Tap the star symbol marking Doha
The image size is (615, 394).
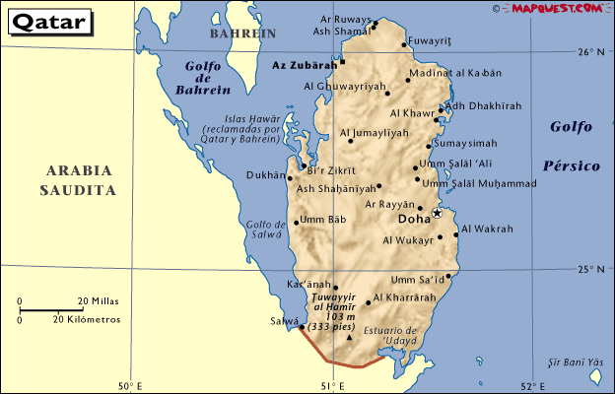[437, 213]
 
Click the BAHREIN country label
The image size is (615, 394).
[242, 33]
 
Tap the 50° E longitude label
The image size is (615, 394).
[132, 385]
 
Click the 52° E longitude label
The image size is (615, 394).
[535, 385]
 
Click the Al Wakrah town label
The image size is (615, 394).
[487, 229]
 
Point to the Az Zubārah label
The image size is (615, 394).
[303, 64]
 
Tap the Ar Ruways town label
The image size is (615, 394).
[342, 18]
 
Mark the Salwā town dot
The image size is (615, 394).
[302, 328]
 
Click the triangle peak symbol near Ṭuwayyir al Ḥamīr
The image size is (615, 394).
[349, 340]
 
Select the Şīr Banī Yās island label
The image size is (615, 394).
[576, 363]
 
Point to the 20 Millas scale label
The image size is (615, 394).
[99, 300]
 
